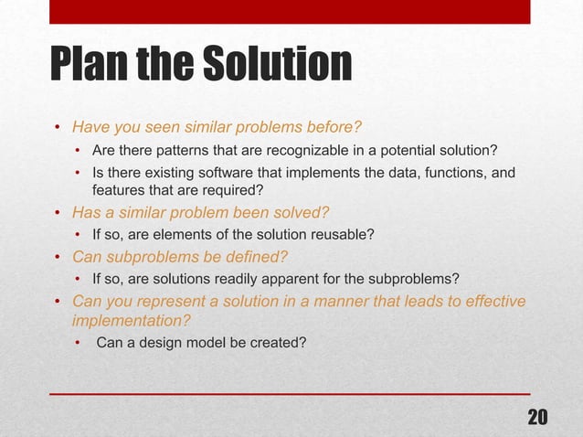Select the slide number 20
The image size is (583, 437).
538,417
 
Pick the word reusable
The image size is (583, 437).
342,234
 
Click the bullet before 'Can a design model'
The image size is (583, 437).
79,344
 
